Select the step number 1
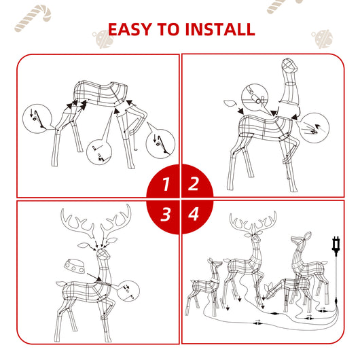pos(165,183)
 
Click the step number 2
pos(194,183)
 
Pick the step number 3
pos(165,215)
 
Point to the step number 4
pos(194,215)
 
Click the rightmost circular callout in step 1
pos(161,143)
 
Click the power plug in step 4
pos(336,244)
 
